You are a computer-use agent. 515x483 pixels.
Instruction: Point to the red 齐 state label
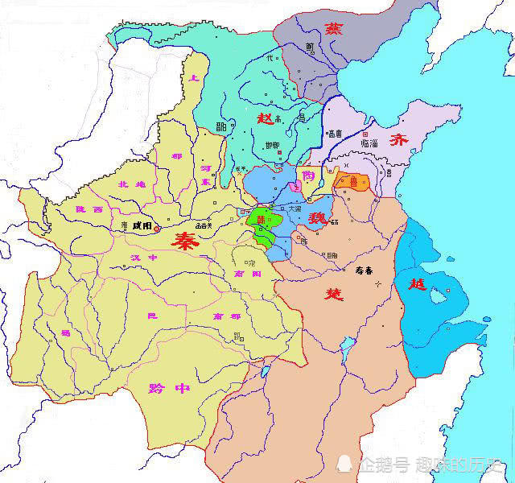pos(400,139)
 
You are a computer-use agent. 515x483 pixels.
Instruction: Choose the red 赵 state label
pos(265,118)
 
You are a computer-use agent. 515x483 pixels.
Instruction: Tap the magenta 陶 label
pos(308,175)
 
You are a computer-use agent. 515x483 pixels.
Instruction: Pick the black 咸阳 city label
pos(142,226)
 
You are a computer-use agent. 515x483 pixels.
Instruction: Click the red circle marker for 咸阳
pos(158,229)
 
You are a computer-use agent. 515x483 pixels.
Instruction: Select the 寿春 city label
pos(365,270)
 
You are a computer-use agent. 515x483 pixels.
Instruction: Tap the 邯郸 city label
pos(271,146)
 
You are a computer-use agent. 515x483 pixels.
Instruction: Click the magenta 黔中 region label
pos(170,388)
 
